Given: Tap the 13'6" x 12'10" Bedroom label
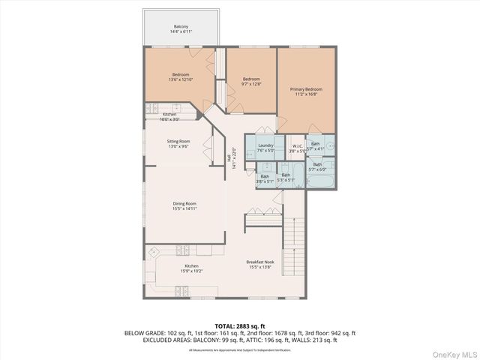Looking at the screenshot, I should pyautogui.click(x=181, y=76).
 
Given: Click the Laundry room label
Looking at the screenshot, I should pyautogui.click(x=265, y=147).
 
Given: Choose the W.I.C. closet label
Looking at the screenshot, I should pyautogui.click(x=297, y=148).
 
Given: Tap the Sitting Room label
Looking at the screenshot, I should pyautogui.click(x=178, y=143).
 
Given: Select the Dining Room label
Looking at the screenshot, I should pyautogui.click(x=184, y=205).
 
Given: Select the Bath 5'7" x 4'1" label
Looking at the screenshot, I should pyautogui.click(x=316, y=145).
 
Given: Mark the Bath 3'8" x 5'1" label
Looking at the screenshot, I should pyautogui.click(x=265, y=178).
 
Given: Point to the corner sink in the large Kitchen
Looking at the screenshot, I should pyautogui.click(x=153, y=252).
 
